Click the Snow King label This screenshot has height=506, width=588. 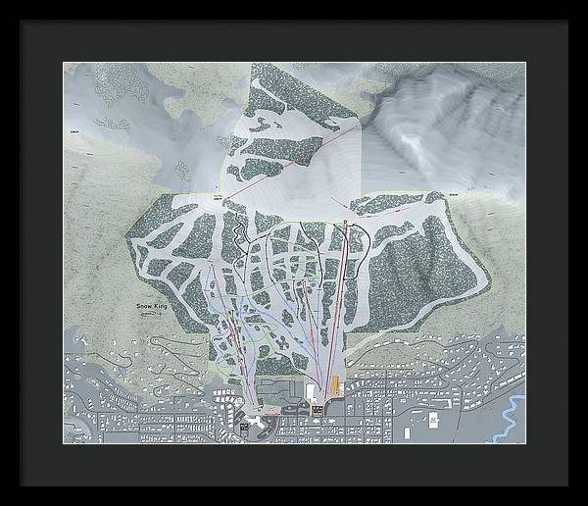pyautogui.click(x=152, y=307)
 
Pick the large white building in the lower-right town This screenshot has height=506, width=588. pyautogui.click(x=431, y=419)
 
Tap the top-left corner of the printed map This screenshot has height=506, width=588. pyautogui.click(x=64, y=63)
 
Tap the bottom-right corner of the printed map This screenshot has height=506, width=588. pyautogui.click(x=525, y=443)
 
